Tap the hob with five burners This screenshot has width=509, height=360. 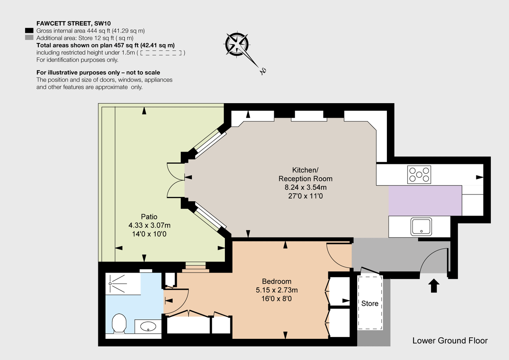[x=419, y=174]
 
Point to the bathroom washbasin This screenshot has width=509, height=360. [x=148, y=326]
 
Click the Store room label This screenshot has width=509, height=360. [x=369, y=304]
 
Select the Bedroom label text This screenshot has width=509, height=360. [x=277, y=281]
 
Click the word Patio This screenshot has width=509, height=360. [x=148, y=217]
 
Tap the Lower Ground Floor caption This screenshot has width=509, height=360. [x=450, y=340]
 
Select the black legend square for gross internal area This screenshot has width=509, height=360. [x=29, y=31]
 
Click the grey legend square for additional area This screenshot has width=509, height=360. [x=29, y=38]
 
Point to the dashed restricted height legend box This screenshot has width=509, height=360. [x=161, y=53]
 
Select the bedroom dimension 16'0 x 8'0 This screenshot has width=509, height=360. [x=277, y=299]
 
